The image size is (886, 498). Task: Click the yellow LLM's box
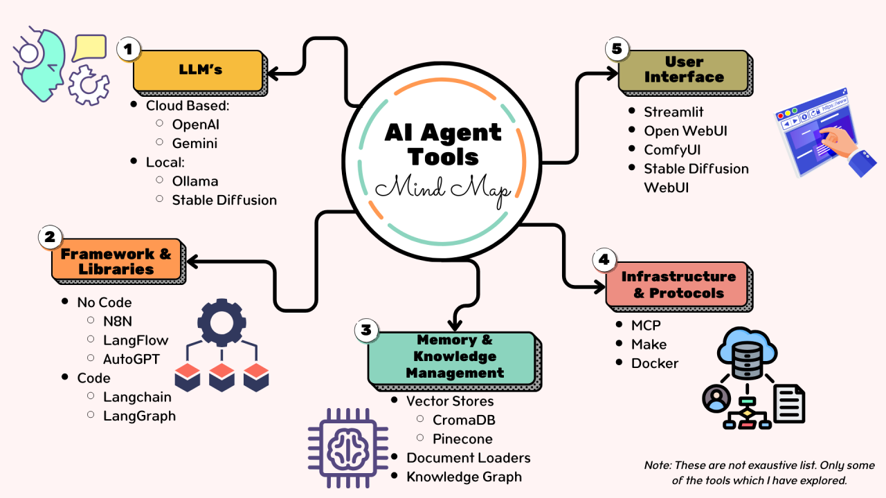(x=199, y=71)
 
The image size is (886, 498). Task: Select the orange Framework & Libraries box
(x=116, y=261)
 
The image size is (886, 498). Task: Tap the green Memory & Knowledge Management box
(x=451, y=357)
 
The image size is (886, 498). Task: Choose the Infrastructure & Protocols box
(x=678, y=284)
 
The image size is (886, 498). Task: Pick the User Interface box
(x=683, y=70)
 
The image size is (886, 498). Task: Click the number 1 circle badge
(x=127, y=49)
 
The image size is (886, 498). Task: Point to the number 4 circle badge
(x=604, y=260)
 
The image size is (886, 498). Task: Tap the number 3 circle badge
(x=366, y=330)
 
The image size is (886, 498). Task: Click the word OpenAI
(x=196, y=124)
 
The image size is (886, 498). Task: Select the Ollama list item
(x=195, y=181)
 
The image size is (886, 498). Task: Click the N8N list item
(x=119, y=321)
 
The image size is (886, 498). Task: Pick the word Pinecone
(x=462, y=439)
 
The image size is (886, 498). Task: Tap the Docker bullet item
(x=655, y=363)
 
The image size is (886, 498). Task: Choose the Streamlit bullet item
(x=673, y=112)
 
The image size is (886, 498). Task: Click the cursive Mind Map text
(x=442, y=187)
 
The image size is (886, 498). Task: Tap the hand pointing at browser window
(x=841, y=142)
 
